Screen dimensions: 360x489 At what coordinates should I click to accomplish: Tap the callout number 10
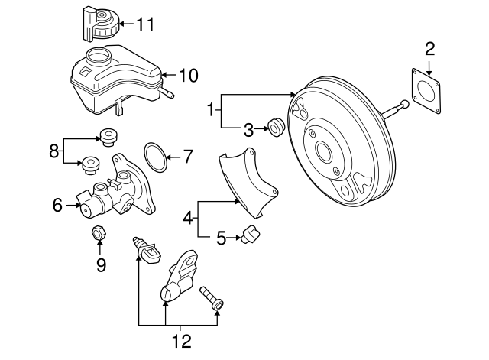point(187,75)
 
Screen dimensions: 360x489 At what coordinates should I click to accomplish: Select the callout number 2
point(429,50)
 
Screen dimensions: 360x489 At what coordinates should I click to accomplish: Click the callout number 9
point(100,264)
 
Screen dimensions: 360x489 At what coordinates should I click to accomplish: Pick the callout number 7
point(188,157)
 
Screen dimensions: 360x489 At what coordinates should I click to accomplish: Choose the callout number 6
point(57,204)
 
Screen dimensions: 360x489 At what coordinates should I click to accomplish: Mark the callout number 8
point(54,151)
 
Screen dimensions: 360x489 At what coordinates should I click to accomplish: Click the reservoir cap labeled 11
point(97,23)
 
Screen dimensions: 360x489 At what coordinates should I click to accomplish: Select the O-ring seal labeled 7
point(155,157)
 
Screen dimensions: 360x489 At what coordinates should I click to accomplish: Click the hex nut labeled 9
point(98,233)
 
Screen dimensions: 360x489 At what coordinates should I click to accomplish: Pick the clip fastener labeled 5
point(250,237)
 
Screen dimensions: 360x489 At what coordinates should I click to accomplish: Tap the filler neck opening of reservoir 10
point(99,56)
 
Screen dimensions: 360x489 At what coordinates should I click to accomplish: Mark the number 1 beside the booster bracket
point(211,110)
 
